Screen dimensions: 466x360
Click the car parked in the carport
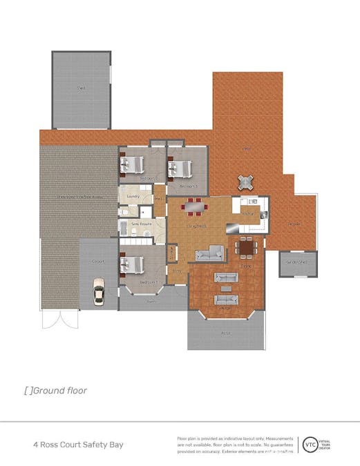[98, 293]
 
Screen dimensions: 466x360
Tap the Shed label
[82, 89]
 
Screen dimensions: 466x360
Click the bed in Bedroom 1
[132, 264]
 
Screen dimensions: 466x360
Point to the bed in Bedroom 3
[180, 168]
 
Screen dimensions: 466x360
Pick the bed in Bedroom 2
[132, 165]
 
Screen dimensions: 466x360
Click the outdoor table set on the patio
[246, 182]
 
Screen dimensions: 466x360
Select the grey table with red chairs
[193, 206]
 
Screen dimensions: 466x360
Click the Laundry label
[134, 197]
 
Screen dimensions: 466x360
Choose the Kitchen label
[248, 214]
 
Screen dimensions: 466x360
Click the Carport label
[98, 262]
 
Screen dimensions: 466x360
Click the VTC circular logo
[308, 445]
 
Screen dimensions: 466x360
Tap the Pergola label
[294, 224]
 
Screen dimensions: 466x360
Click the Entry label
[176, 271]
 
